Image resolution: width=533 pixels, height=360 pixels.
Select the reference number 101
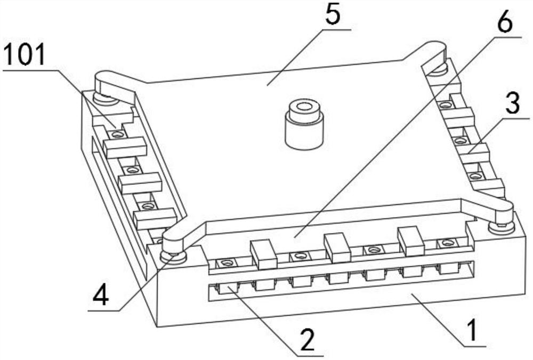point(25,55)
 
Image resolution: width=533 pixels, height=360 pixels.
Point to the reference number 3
point(512,105)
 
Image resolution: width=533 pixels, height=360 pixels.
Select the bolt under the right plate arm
point(502,226)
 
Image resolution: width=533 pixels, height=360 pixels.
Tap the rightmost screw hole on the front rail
point(446,244)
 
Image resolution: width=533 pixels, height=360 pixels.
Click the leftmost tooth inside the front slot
point(227,290)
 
